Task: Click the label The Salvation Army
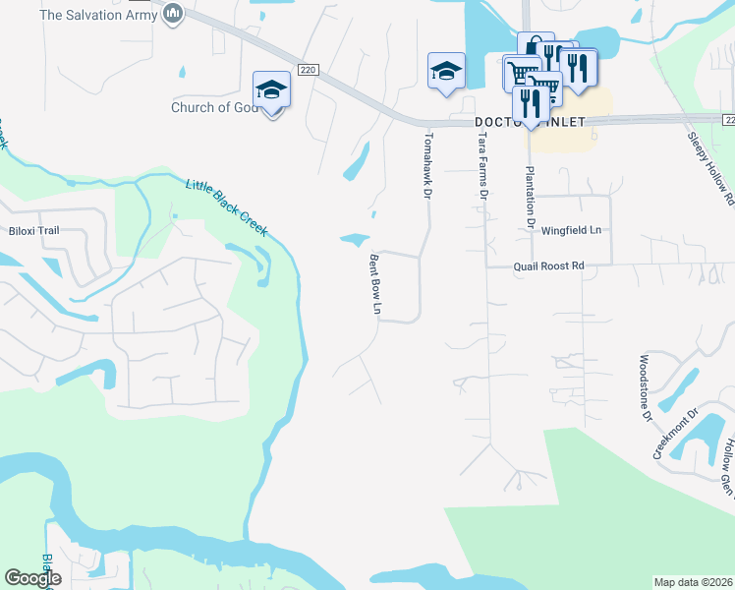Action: (97, 15)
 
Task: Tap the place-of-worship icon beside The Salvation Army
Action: (174, 14)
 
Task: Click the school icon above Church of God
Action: (271, 89)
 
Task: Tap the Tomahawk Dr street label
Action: (428, 164)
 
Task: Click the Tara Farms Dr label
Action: (482, 167)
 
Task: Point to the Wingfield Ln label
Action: (571, 229)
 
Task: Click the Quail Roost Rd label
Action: (548, 265)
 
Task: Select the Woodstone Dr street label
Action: (647, 388)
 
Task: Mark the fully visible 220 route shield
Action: (308, 70)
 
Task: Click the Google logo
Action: (32, 578)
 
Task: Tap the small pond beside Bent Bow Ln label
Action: (355, 239)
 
